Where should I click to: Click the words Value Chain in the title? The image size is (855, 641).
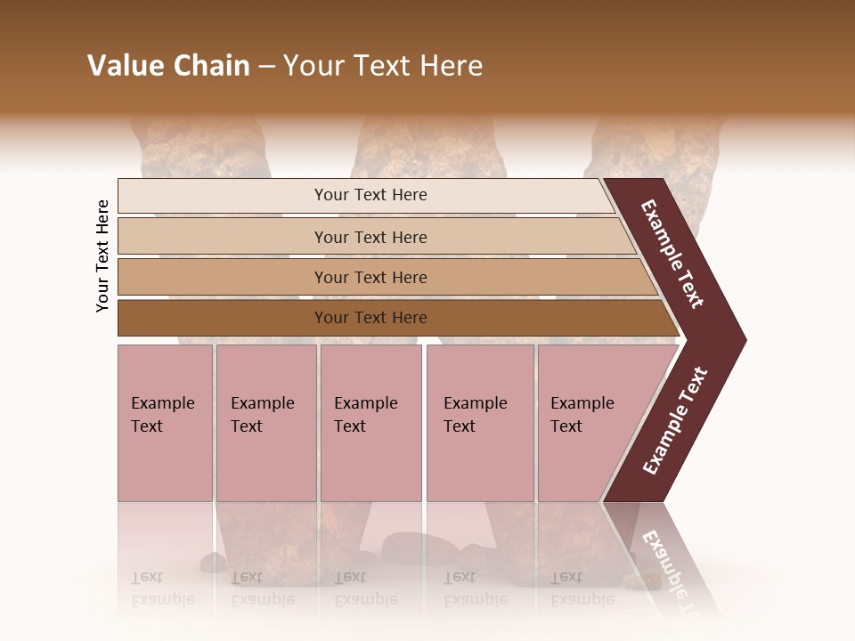coord(168,66)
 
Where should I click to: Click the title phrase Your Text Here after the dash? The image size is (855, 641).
coord(383,66)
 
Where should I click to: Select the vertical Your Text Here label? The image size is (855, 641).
coord(102,256)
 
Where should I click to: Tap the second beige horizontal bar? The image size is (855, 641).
coord(370,237)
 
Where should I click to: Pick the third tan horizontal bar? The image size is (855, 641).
coord(370,277)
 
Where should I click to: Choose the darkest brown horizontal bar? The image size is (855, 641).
coord(370,318)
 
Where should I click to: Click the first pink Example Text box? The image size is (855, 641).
coord(165,423)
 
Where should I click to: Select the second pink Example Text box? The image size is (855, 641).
coord(265,423)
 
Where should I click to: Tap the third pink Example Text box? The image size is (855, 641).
coord(370,423)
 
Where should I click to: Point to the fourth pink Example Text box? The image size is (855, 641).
coord(479,423)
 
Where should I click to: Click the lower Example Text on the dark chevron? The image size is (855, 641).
coord(675,421)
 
